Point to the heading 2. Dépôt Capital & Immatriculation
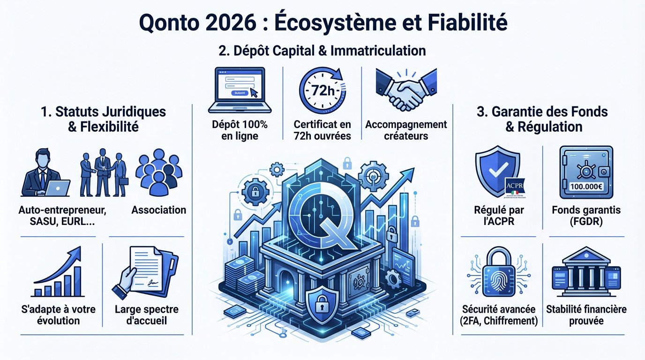(322, 51)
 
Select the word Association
(158, 210)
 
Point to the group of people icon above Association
(158, 173)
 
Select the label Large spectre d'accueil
(147, 315)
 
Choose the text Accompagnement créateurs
(406, 130)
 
